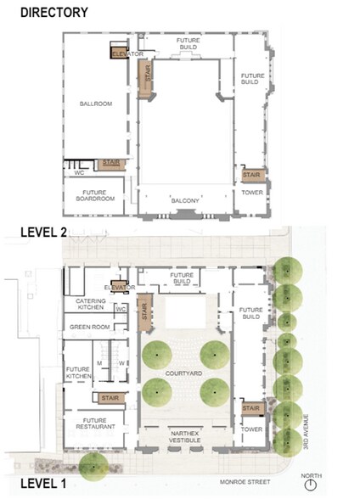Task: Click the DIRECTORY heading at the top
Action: click(53, 12)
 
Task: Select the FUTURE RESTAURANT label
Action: click(89, 423)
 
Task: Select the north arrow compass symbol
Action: click(311, 485)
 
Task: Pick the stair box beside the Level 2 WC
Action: click(110, 162)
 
